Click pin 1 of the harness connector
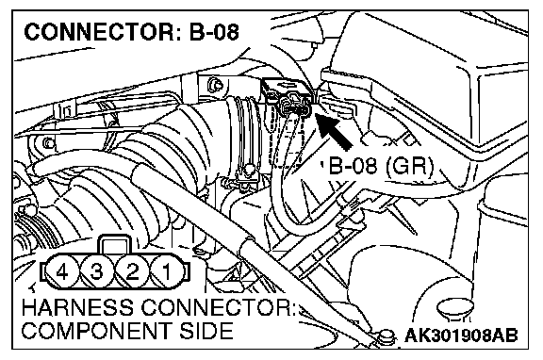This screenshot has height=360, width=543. click(167, 271)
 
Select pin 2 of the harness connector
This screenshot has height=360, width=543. click(132, 271)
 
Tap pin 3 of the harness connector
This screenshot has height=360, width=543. click(97, 271)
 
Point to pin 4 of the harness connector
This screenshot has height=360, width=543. click(62, 271)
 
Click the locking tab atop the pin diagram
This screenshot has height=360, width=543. click(115, 245)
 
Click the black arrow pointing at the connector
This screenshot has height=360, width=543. click(334, 131)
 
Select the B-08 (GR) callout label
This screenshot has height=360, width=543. click(381, 166)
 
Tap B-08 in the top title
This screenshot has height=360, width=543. click(214, 32)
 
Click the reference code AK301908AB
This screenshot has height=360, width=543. click(461, 335)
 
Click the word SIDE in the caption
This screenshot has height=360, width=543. click(206, 331)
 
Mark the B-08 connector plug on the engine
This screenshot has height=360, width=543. click(294, 105)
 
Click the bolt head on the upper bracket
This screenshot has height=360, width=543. click(215, 85)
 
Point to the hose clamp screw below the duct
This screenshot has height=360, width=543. click(248, 171)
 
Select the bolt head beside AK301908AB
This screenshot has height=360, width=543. click(387, 337)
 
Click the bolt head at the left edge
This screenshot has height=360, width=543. click(48, 143)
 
